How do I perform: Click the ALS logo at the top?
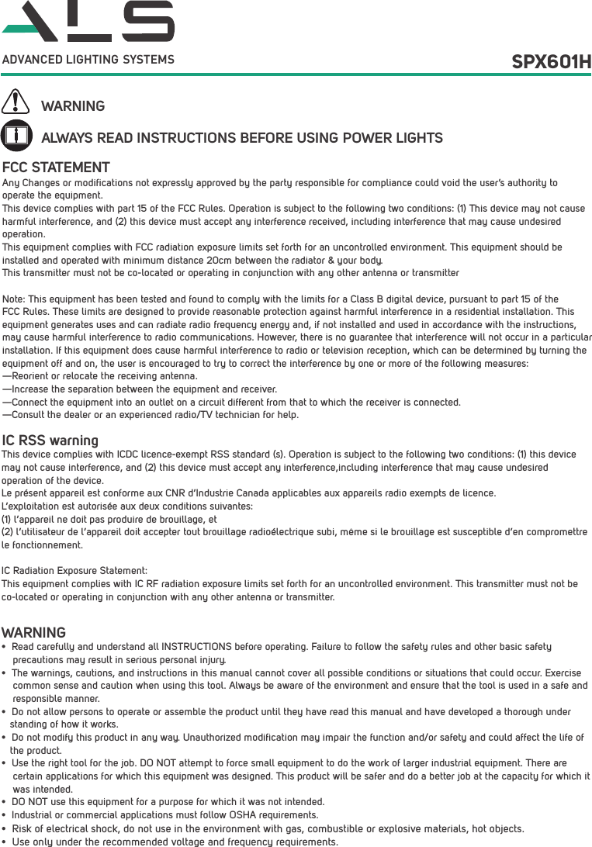(x=88, y=22)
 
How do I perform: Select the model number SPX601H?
(x=551, y=61)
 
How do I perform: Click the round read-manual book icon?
(x=16, y=135)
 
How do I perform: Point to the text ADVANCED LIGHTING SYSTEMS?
(x=88, y=60)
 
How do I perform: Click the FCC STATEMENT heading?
(x=56, y=168)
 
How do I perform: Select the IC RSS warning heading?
(x=50, y=441)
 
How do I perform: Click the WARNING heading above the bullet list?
(x=33, y=633)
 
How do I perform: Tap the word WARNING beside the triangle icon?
(x=73, y=106)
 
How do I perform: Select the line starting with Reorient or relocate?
(x=100, y=376)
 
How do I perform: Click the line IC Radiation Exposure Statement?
(x=74, y=571)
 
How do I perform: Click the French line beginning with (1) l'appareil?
(x=109, y=519)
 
